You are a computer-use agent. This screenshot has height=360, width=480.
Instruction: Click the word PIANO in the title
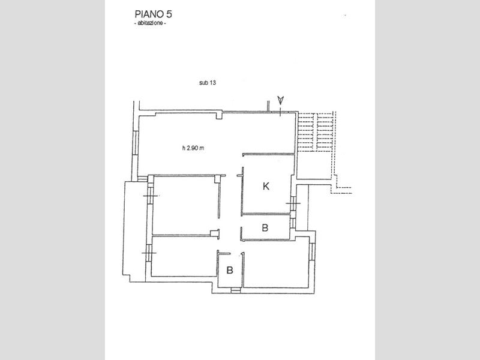[148, 14]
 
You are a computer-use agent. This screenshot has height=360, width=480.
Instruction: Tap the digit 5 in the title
[169, 14]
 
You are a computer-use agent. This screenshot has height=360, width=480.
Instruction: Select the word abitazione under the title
[151, 23]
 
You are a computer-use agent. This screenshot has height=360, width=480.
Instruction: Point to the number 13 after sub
[212, 83]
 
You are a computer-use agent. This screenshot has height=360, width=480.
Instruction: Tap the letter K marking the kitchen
[266, 186]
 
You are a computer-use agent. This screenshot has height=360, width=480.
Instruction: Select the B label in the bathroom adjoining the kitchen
[265, 228]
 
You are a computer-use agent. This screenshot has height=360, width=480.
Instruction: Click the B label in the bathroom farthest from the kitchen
[230, 271]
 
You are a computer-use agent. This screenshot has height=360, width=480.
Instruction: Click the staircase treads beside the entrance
[316, 132]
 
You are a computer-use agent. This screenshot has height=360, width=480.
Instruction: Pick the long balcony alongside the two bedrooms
[134, 231]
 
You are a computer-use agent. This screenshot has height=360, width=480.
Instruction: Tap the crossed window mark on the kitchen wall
[293, 203]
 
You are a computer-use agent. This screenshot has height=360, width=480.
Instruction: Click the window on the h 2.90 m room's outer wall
[135, 142]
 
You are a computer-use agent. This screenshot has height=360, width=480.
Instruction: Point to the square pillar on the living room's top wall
[219, 116]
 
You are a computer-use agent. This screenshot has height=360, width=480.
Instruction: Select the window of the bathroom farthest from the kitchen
[235, 290]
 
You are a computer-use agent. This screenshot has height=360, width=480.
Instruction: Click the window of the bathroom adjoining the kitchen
[293, 223]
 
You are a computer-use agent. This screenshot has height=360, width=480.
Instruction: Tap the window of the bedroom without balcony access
[312, 251]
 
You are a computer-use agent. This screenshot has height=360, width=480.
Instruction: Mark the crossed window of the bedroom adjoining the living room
[151, 196]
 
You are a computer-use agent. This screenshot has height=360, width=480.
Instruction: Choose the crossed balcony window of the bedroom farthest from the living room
[149, 253]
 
